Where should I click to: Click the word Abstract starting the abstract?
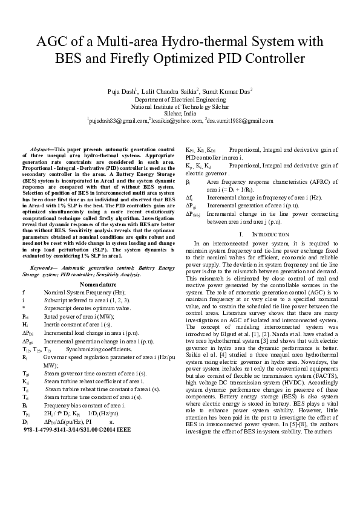click(x=42, y=149)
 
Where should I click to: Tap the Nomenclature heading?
click(x=98, y=283)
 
